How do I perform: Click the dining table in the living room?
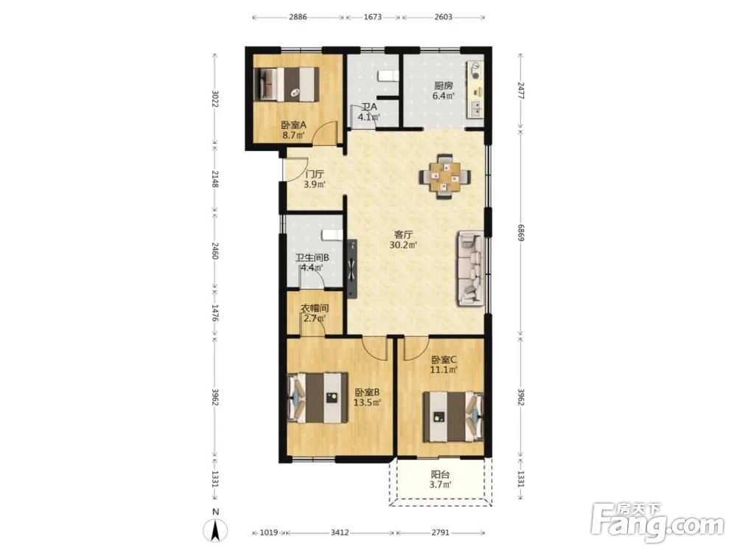(444, 177)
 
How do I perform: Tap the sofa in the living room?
(470, 268)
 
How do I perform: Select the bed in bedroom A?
(286, 84)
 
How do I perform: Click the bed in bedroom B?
(318, 398)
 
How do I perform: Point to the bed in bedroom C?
(453, 417)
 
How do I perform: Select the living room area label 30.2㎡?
(404, 245)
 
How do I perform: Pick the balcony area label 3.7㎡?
(441, 485)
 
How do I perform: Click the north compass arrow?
(215, 530)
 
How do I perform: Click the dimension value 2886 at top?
(298, 17)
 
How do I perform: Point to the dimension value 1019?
(269, 533)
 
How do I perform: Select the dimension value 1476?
(214, 313)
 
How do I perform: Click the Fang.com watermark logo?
(657, 523)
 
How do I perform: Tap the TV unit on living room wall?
(352, 268)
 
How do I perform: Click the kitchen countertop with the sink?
(475, 89)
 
